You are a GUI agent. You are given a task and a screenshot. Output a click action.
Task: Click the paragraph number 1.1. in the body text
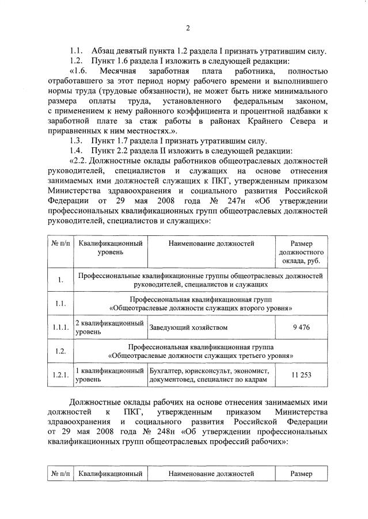pos(77,50)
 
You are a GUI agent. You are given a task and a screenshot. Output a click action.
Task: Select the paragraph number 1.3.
pos(77,140)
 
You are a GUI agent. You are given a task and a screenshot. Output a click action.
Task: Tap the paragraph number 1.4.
pos(77,150)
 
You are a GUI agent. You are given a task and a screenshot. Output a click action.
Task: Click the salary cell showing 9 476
pos(301,327)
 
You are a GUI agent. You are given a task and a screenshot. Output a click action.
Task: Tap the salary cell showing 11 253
pos(301,375)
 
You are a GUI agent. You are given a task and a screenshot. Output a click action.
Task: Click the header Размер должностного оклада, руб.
pos(301,252)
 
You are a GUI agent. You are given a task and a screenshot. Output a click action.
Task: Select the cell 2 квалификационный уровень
pos(109,327)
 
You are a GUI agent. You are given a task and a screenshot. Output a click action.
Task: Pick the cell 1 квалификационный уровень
pos(109,375)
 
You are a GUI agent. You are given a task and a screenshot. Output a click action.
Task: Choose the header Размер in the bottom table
pos(301,474)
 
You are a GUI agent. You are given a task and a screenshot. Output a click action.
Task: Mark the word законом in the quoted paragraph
pos(312,101)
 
